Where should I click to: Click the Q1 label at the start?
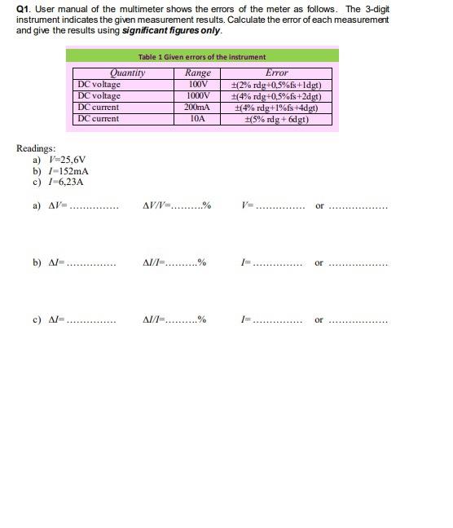click(x=23, y=9)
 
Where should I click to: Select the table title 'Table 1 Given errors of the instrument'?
click(x=201, y=57)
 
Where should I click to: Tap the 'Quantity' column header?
click(x=127, y=73)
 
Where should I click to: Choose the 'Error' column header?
click(x=276, y=73)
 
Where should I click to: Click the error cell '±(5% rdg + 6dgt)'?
click(x=276, y=119)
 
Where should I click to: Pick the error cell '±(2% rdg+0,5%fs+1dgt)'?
click(x=276, y=85)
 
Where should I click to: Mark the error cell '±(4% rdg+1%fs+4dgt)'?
click(x=276, y=108)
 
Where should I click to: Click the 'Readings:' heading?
click(x=37, y=148)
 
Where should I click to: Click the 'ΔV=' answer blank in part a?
click(x=92, y=207)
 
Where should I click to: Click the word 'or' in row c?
click(x=319, y=319)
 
